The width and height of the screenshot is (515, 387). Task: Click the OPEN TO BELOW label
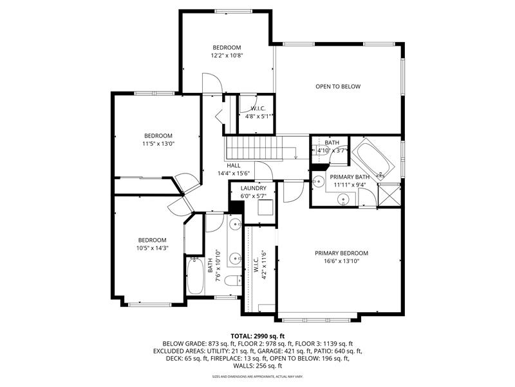338,86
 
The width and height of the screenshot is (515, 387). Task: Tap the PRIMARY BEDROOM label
341,253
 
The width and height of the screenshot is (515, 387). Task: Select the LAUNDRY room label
253,188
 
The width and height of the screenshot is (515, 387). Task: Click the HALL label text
234,166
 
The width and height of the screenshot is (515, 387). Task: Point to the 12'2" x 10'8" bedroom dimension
227,55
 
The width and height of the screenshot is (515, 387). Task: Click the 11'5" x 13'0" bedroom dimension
158,143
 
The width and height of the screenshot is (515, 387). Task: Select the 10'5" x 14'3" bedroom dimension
152,248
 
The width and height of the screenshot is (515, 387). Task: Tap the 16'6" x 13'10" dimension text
341,261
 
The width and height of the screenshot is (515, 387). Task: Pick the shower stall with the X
389,195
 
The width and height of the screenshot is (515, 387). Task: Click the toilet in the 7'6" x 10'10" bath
233,281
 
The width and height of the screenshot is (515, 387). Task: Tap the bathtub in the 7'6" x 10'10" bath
196,276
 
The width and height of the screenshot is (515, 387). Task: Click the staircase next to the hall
254,148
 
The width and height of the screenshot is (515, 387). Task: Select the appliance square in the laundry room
266,207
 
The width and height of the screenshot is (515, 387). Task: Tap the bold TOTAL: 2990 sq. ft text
257,336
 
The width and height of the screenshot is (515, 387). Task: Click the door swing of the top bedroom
212,83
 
